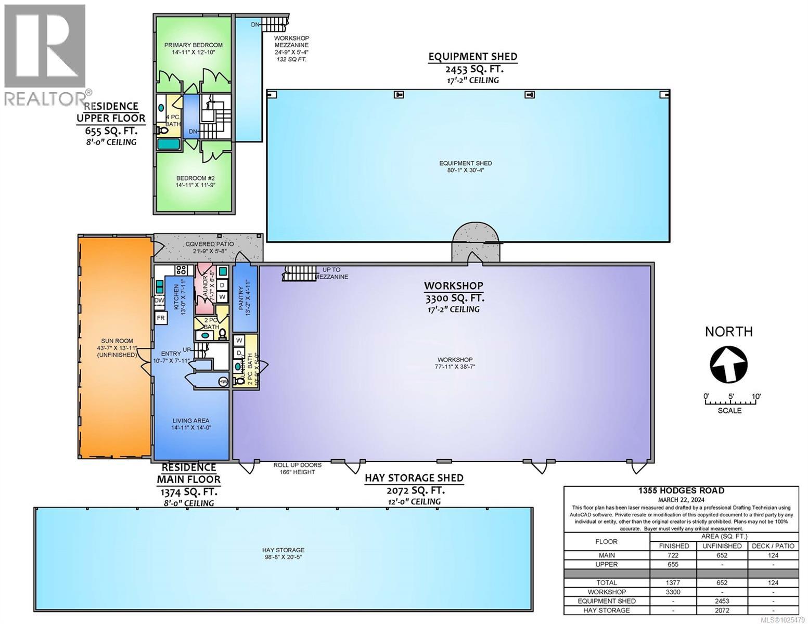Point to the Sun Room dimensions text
[116, 351]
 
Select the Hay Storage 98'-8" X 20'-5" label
[283, 554]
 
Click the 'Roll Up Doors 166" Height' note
[297, 468]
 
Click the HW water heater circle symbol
[223, 381]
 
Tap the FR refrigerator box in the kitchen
[161, 318]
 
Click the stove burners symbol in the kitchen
[182, 270]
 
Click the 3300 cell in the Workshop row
[673, 592]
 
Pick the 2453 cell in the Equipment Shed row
[721, 601]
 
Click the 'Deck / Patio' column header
[773, 546]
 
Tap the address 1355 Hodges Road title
[681, 490]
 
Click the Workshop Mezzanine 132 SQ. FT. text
[291, 49]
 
